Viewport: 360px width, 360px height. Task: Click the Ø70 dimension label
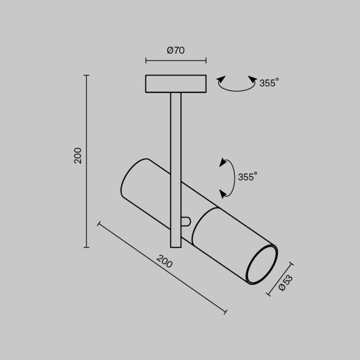(x=175, y=51)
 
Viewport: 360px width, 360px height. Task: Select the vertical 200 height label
(x=78, y=155)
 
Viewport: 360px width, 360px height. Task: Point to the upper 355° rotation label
(x=269, y=83)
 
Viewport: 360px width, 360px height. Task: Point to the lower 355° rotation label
(x=248, y=177)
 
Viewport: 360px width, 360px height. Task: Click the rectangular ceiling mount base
(x=175, y=83)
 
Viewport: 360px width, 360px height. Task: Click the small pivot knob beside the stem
(x=186, y=221)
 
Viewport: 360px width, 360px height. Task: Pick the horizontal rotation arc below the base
(x=237, y=87)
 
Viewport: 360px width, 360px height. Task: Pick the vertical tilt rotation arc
(x=230, y=178)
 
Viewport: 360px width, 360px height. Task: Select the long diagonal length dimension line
(x=162, y=268)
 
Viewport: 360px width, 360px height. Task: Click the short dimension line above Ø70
(x=175, y=61)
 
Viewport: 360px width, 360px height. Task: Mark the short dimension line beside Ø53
(x=280, y=279)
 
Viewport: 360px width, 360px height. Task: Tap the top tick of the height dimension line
(x=87, y=75)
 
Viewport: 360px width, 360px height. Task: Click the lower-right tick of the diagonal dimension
(x=226, y=312)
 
